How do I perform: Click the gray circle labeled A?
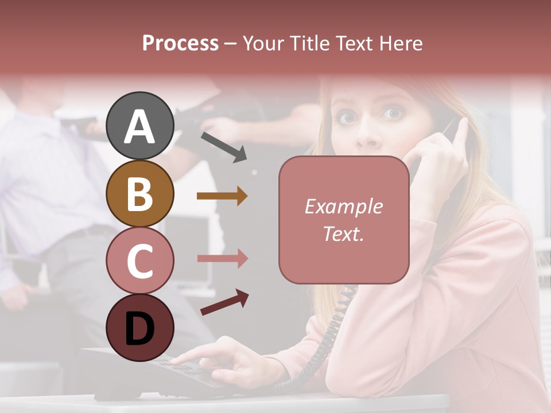tap(139, 126)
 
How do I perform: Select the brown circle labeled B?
tap(139, 194)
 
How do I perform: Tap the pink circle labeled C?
tap(139, 260)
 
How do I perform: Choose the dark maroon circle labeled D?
tap(139, 328)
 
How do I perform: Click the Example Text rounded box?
tap(344, 220)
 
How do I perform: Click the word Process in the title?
tap(180, 44)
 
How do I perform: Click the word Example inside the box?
tap(344, 206)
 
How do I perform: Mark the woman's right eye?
tap(347, 118)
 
